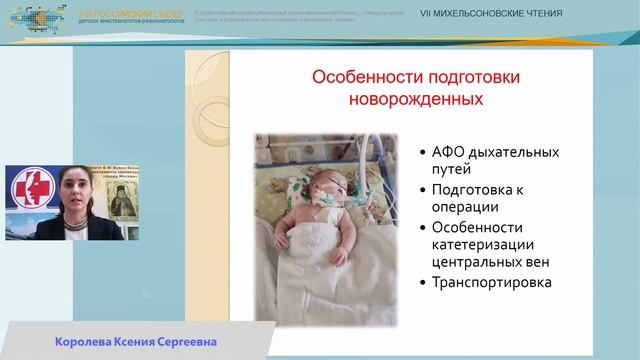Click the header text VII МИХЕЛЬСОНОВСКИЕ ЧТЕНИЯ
point(491,14)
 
